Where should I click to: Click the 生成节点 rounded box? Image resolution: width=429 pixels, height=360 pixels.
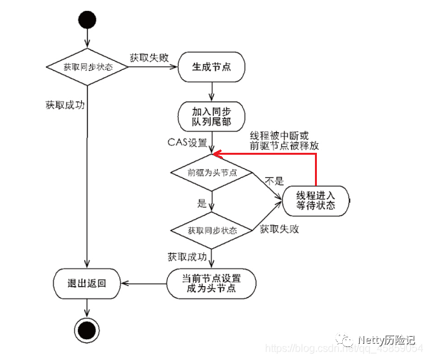(x=212, y=67)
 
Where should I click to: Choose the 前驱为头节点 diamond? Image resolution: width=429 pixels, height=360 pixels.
(x=212, y=173)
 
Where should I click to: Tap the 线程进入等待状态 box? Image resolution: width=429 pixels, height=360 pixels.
(x=316, y=200)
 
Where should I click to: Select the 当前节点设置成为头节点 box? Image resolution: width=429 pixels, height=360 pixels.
(x=212, y=284)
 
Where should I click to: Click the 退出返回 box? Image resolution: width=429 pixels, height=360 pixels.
(x=87, y=284)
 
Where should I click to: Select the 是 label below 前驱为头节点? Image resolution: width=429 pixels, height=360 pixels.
(x=202, y=203)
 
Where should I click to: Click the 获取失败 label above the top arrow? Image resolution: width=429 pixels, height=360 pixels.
(x=149, y=57)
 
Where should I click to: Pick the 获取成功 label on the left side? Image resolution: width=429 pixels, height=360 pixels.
(x=65, y=104)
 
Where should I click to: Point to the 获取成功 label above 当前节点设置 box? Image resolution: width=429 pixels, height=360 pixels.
(x=187, y=257)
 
